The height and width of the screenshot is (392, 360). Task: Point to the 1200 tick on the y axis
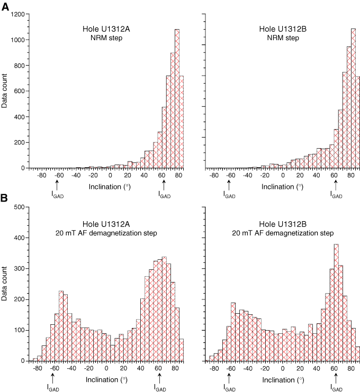click(x=16, y=14)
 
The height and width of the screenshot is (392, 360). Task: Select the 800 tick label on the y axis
click(x=18, y=66)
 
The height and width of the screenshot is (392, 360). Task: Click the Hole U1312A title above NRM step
click(x=109, y=29)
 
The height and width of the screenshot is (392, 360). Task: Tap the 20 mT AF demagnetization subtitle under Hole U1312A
click(x=109, y=232)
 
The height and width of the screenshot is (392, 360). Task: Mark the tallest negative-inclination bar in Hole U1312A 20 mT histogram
click(x=61, y=325)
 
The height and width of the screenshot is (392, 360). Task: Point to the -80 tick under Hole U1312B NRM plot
click(x=214, y=175)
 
